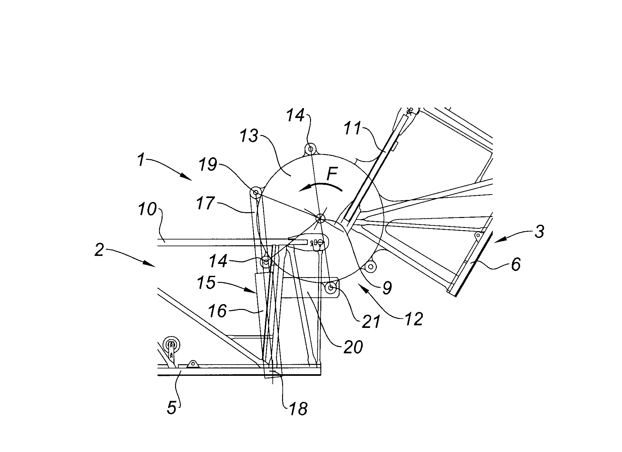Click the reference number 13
pos(249,136)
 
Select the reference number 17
pos(206,203)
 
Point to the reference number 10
pos(147,210)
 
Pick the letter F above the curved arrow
pos(332,175)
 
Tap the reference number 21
pos(371,321)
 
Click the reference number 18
pos(298,409)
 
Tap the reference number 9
pos(387,288)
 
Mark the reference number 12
pos(414,319)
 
